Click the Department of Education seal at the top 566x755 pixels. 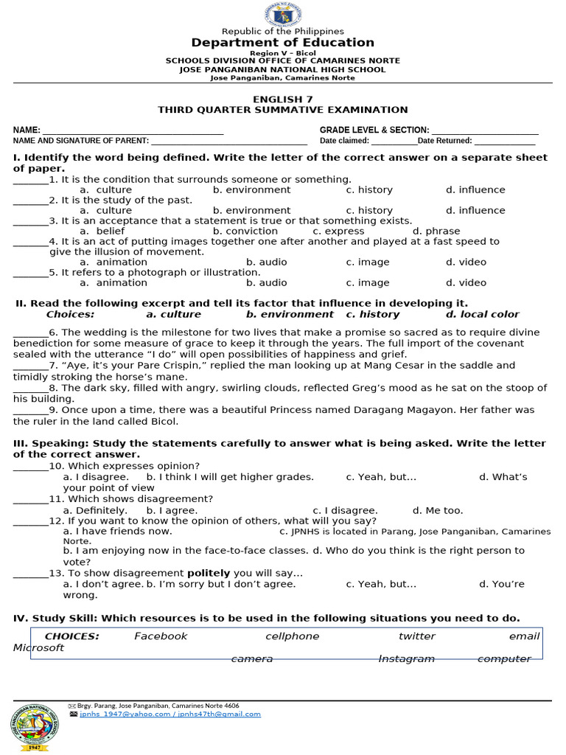coord(282,15)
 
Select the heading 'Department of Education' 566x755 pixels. coord(282,43)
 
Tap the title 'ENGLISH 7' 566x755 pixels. coord(282,99)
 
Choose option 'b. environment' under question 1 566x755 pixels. coord(251,189)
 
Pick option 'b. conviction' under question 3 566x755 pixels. coord(245,231)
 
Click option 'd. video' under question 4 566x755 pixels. coord(466,262)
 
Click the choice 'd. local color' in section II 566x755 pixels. coord(482,314)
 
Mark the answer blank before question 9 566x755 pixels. coord(30,411)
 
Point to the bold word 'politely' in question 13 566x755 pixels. coord(208,573)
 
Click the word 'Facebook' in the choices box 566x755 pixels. coord(161,636)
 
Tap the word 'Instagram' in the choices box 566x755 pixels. coord(406,658)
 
